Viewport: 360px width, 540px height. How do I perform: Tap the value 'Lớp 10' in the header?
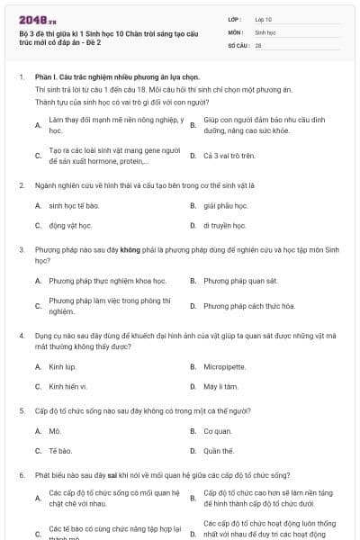coord(264,18)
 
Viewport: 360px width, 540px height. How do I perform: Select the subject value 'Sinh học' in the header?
coord(265,31)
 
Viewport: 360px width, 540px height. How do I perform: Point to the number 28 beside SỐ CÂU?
coord(258,45)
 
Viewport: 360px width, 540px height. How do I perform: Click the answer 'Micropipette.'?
coord(224,366)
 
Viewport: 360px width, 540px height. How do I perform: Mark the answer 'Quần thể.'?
coord(219,451)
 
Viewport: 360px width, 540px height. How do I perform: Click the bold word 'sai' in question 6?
coord(112,473)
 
